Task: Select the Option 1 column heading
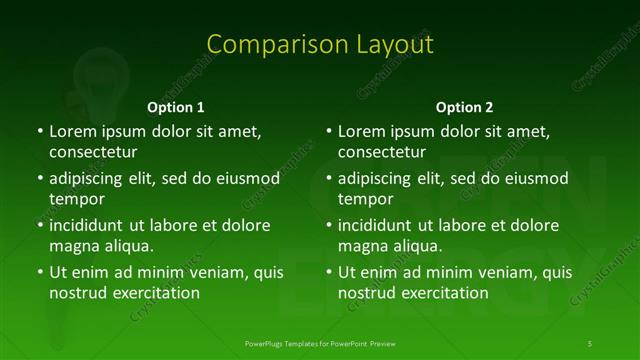coord(176,107)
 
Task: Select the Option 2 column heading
coord(465,107)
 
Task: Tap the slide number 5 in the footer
coord(590,344)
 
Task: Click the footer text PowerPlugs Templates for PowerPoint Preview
coord(320,344)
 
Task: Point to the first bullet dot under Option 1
coord(40,131)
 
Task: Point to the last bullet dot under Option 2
coord(329,272)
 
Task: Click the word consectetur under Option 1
coord(93,152)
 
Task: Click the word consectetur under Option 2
coord(382,152)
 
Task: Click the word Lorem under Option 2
coord(361,131)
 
